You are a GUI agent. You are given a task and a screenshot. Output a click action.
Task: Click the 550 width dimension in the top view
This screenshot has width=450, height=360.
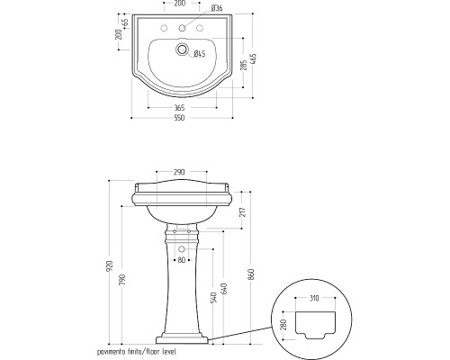point(179,118)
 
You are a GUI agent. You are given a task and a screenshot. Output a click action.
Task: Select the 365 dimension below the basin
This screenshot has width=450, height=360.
point(179,107)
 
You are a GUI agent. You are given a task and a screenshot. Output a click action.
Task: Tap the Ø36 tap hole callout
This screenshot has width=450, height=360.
point(217,8)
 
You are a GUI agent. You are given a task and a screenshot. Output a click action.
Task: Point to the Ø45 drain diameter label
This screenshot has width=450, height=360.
point(200,54)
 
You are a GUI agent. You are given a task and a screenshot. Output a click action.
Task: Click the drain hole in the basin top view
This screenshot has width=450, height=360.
point(182,49)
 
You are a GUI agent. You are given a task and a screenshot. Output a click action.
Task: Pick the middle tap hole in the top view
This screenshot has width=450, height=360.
point(182,28)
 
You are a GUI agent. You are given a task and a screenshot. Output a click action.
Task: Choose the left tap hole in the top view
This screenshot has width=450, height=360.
point(164,28)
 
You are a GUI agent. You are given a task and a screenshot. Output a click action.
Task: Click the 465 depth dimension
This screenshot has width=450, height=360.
point(254,60)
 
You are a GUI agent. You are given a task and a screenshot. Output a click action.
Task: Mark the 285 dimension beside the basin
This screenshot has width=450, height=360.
point(244,65)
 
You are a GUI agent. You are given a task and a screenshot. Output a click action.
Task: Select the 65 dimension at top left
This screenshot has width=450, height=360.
point(125,22)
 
